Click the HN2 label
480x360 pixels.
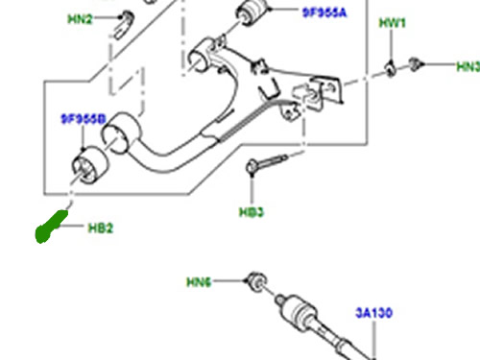point(80,19)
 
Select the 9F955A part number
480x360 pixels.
point(324,12)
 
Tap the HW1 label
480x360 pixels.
point(393,23)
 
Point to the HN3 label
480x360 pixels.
point(468,66)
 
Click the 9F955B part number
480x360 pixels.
point(84,119)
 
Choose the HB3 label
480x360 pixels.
point(252,212)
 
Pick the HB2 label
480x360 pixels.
point(101,228)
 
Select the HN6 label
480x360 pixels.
point(199,282)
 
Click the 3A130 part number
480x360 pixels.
point(373,313)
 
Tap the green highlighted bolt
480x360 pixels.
point(51,227)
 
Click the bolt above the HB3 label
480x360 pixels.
point(266,164)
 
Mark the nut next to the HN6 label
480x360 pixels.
point(256,281)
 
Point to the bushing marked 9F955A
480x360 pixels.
point(252,12)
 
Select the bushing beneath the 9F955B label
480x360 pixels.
point(90,165)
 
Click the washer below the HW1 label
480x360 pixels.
point(391,69)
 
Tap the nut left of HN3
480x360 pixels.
point(416,65)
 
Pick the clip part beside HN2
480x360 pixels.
point(124,25)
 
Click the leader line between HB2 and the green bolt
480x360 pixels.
point(71,226)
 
